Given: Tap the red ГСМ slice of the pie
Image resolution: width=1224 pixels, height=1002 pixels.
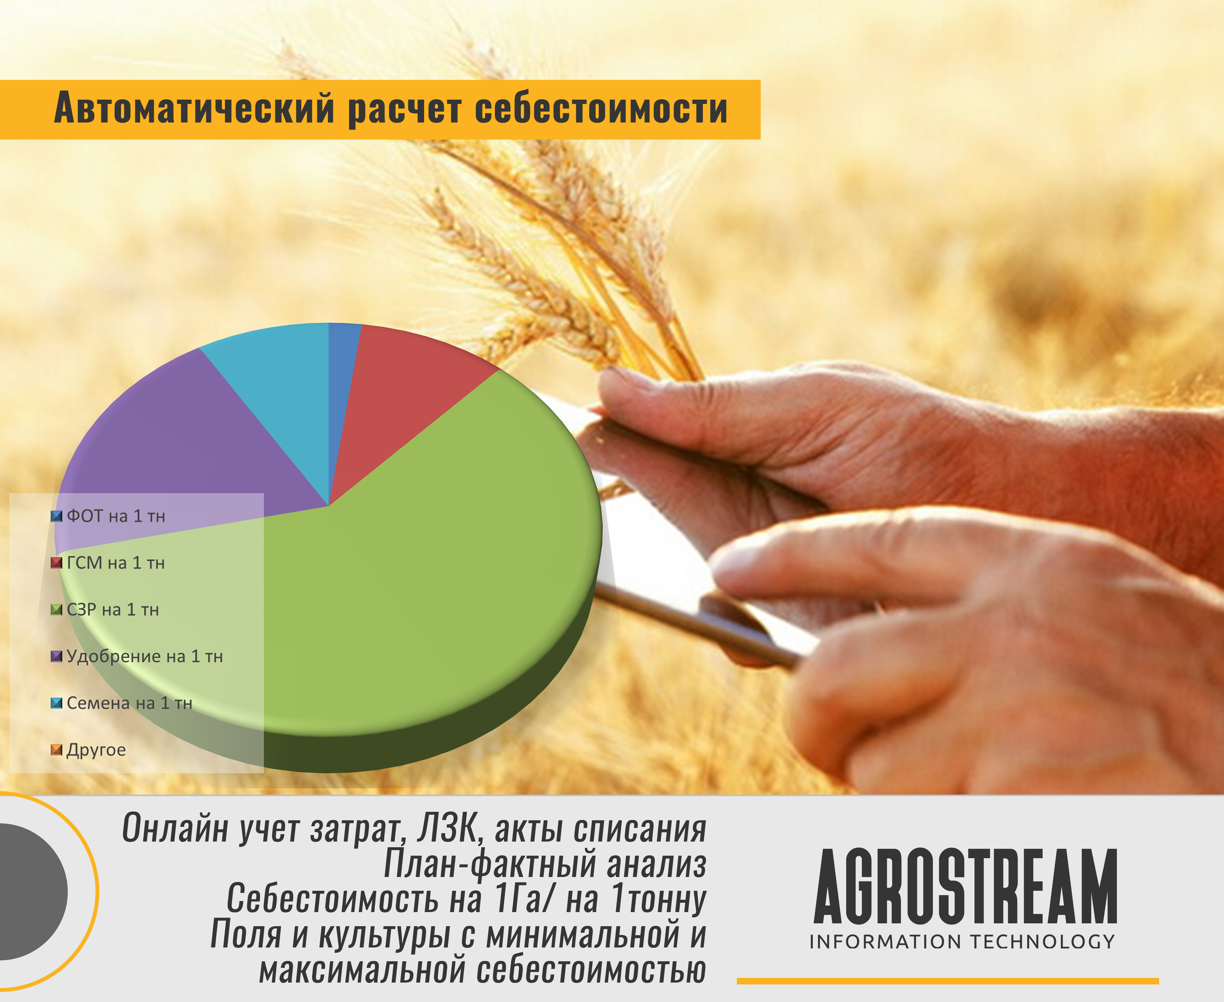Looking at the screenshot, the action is tap(404, 393).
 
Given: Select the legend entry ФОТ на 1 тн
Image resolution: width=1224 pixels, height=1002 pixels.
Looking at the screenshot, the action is tap(108, 516).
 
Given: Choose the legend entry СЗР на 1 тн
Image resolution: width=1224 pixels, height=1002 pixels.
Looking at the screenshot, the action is tap(105, 609).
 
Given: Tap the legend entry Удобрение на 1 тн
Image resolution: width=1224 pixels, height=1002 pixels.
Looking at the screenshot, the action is tap(137, 656).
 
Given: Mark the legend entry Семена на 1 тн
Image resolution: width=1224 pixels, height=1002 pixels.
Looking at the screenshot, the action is tap(122, 703).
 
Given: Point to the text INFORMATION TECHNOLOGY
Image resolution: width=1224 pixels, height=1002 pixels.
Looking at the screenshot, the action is tap(962, 942).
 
